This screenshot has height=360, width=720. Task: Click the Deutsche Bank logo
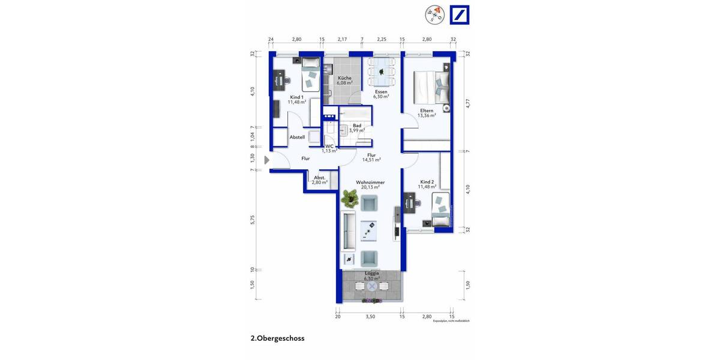pos(460,16)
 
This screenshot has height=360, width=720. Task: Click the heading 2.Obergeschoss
pos(277,338)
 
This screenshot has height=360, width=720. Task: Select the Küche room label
pos(344,78)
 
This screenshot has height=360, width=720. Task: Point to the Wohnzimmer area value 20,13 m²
pos(370,187)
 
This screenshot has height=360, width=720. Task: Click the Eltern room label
pos(427,110)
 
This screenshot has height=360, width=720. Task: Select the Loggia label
pos(372,273)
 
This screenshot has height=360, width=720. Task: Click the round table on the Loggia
pos(372,287)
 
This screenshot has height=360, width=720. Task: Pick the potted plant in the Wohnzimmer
pos(349,197)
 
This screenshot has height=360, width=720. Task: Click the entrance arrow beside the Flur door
pos(267,160)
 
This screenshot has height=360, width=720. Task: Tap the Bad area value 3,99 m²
pos(357,130)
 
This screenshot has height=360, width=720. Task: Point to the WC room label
pos(329,146)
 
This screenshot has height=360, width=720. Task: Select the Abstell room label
pos(297,137)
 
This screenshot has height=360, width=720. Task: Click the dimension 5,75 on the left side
pos(253,220)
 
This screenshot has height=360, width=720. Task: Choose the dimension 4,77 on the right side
pos(467,103)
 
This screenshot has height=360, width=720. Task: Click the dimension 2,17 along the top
pos(342,39)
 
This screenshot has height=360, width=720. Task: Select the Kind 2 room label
pos(427,182)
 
